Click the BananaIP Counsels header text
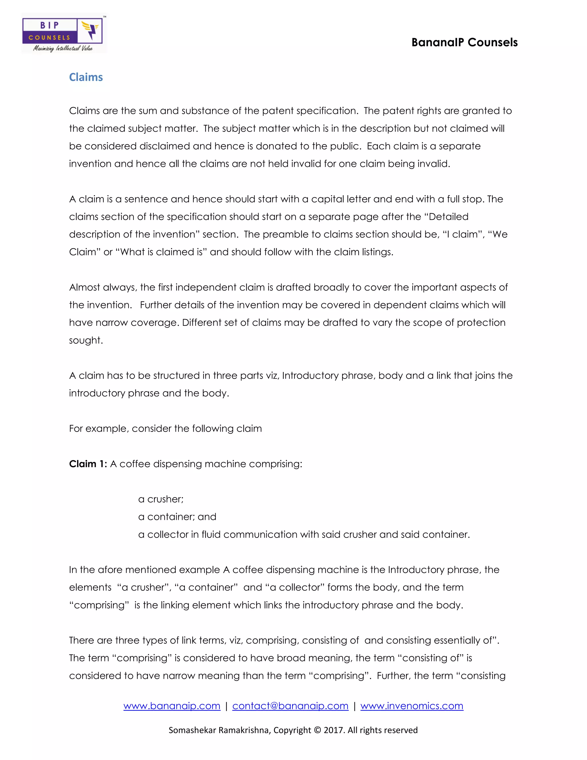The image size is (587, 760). coord(464,42)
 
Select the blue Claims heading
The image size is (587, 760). coord(86,77)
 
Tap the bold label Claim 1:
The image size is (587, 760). coord(88,464)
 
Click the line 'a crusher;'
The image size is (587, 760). coord(161,499)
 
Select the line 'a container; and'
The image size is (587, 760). coord(177,517)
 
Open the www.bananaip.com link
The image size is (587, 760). coord(172,706)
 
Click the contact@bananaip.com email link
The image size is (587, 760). coord(290,706)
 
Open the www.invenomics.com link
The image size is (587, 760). coord(412,706)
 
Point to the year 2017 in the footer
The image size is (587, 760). coord(334,730)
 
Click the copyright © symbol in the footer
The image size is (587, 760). coord(318,730)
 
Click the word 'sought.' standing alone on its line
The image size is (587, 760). coord(86,340)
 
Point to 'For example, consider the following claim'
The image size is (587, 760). coord(165,428)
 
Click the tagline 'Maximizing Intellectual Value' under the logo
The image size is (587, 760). coord(63,48)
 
